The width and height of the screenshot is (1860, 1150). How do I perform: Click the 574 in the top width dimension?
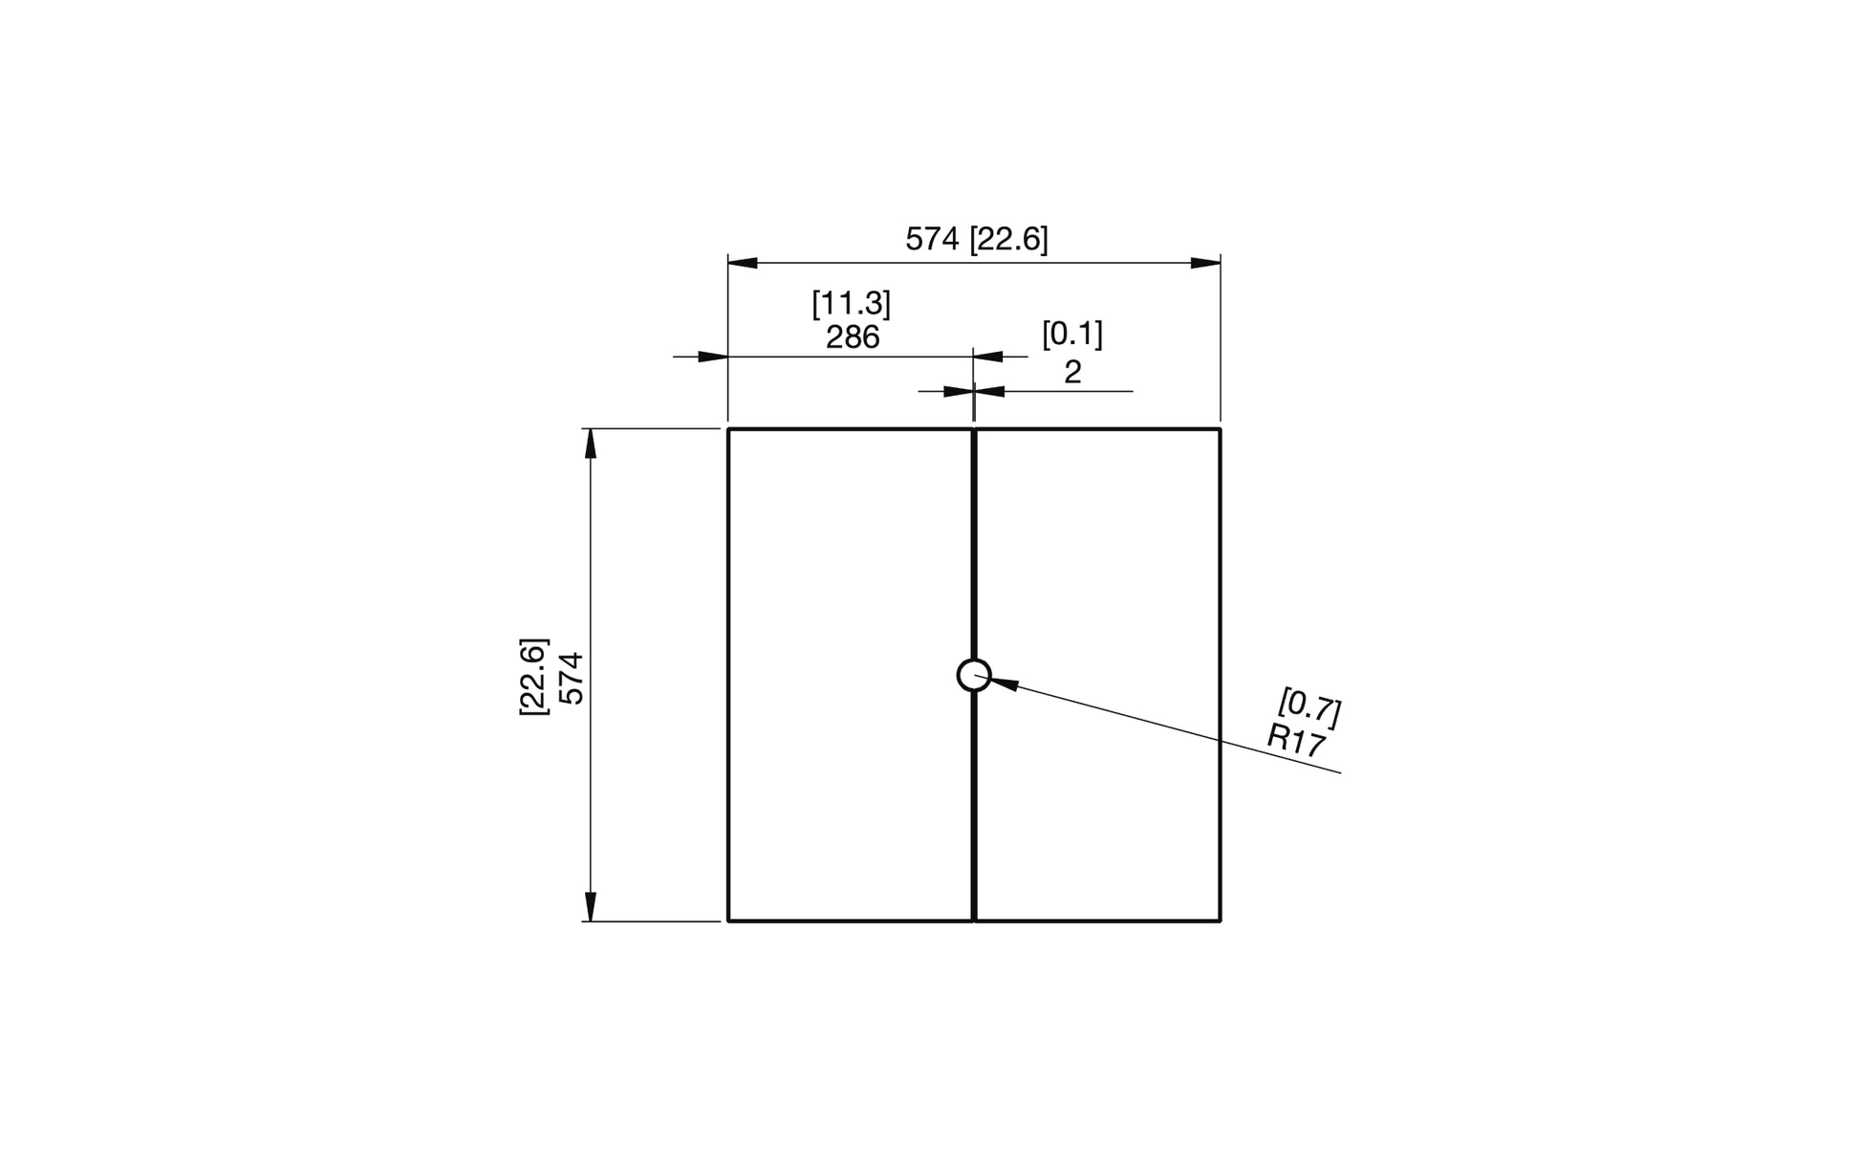[x=932, y=239]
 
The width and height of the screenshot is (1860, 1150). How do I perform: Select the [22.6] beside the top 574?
[x=1008, y=239]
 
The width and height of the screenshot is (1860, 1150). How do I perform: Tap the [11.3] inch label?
[x=851, y=304]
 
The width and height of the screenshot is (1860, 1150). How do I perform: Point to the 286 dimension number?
[x=853, y=337]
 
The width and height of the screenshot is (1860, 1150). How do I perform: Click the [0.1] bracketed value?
[x=1071, y=335]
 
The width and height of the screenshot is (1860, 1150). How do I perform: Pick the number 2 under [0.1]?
[x=1072, y=372]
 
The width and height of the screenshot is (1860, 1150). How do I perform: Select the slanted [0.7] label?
[x=1309, y=707]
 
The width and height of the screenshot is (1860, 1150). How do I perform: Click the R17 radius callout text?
[x=1296, y=741]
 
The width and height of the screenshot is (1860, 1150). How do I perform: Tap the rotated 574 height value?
[x=572, y=678]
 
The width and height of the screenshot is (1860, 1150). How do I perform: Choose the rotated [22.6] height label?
[x=533, y=676]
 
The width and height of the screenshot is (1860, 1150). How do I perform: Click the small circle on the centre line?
[x=974, y=675]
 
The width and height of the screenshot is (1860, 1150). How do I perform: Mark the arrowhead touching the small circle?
[x=1004, y=683]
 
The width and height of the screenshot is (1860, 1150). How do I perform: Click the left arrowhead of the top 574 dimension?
[x=743, y=263]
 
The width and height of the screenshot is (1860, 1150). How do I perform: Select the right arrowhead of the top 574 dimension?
[x=1206, y=263]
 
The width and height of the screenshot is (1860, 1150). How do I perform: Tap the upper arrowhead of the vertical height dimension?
[x=591, y=444]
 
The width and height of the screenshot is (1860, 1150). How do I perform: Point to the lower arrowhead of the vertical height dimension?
[x=591, y=906]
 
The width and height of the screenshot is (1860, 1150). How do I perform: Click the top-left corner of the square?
[x=728, y=429]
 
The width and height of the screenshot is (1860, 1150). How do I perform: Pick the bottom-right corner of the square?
[x=1221, y=921]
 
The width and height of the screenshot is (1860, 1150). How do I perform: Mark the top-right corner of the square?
[x=1221, y=429]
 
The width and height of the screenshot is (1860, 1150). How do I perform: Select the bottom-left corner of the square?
[x=728, y=921]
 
